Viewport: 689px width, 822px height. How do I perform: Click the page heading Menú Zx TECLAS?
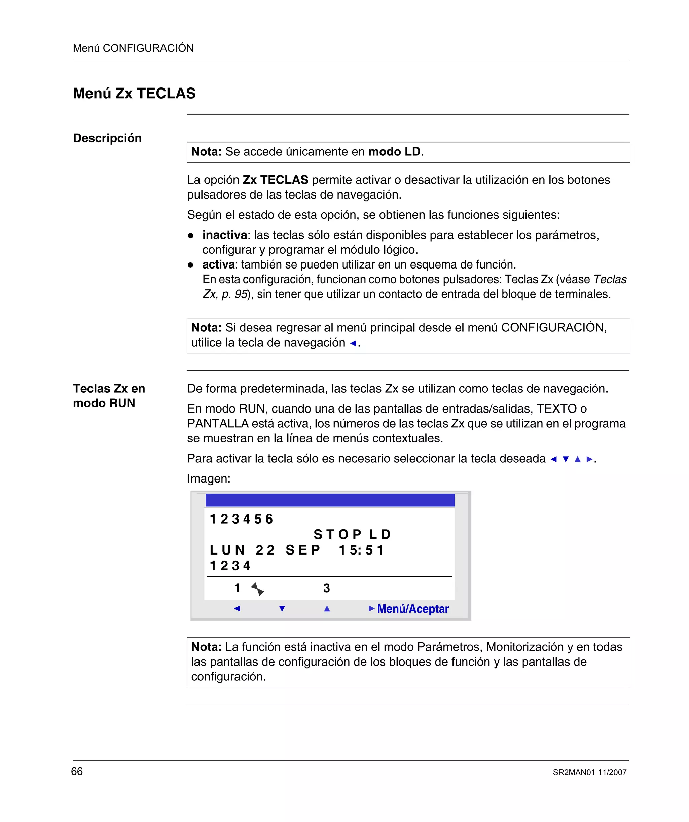[x=134, y=93]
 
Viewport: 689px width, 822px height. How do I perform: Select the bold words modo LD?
[x=394, y=151]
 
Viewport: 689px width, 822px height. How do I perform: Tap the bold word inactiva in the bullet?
[x=224, y=235]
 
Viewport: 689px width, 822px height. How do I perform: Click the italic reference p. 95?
[x=234, y=294]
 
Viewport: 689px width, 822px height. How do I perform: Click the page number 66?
[x=77, y=771]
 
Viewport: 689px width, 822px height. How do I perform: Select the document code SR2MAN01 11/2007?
[x=589, y=772]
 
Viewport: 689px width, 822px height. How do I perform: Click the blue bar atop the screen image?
[x=330, y=500]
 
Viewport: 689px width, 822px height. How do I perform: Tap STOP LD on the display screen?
[x=352, y=534]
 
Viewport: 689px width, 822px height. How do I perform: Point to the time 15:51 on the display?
[x=361, y=550]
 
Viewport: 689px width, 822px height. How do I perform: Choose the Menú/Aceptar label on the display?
[x=412, y=609]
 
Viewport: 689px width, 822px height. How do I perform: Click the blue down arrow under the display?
[x=282, y=609]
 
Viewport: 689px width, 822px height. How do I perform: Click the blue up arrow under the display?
[x=327, y=609]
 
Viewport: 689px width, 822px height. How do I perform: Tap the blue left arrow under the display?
[x=237, y=609]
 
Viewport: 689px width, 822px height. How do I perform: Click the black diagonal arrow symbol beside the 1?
[x=257, y=589]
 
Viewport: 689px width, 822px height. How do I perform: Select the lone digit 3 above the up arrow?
[x=326, y=588]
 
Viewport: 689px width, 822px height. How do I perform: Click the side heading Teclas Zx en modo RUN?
[x=109, y=395]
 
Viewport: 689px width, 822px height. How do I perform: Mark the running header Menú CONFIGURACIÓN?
[x=133, y=48]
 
